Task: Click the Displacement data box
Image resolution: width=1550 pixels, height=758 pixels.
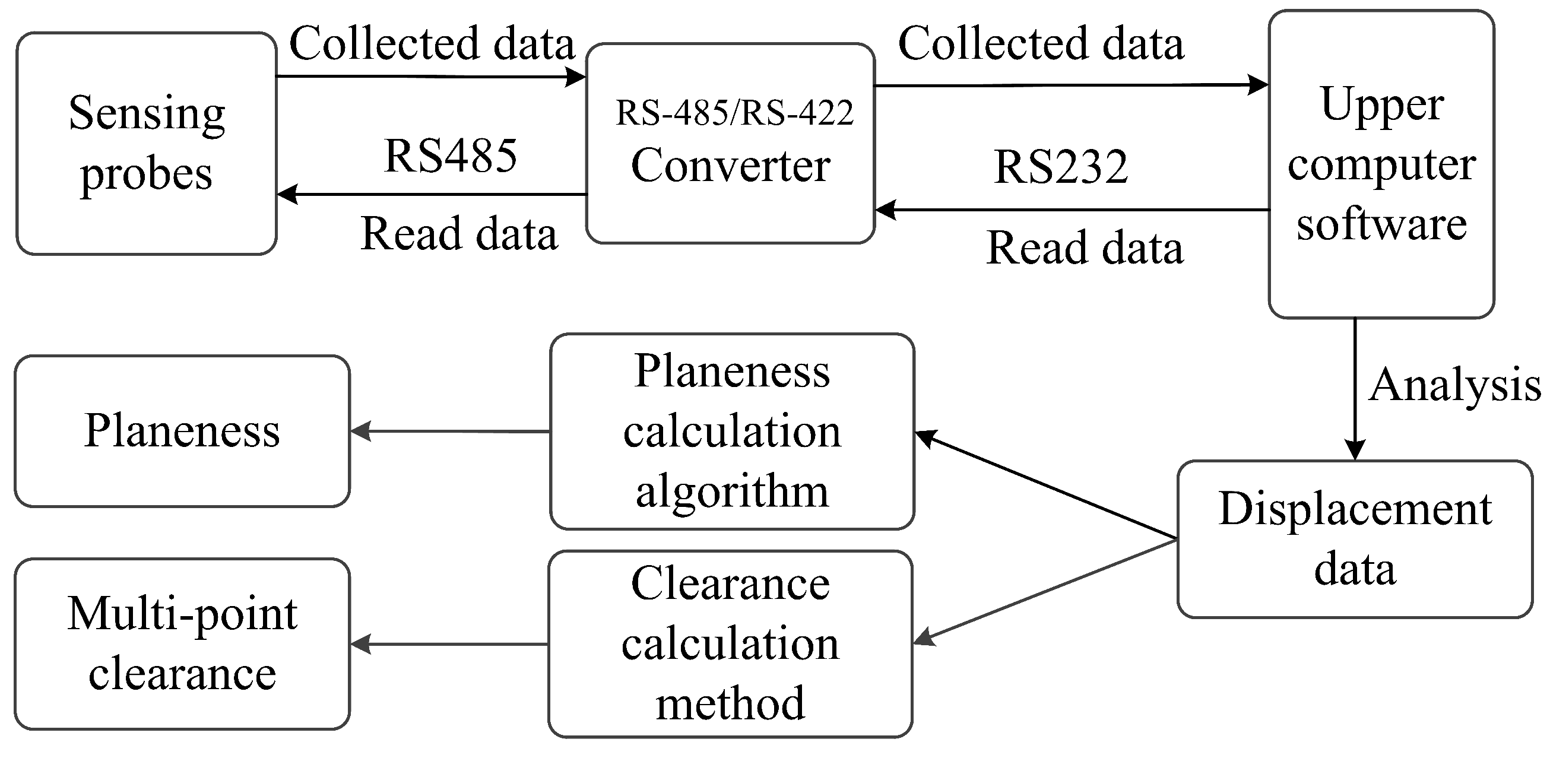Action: click(1355, 539)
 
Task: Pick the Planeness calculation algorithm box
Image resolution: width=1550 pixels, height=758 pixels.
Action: click(732, 432)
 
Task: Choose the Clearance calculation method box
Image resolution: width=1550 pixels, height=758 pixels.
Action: click(730, 643)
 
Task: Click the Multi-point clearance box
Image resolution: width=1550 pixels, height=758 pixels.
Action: click(182, 643)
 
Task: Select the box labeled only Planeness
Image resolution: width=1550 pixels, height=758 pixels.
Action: click(182, 431)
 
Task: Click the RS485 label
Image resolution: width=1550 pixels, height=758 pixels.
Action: click(450, 155)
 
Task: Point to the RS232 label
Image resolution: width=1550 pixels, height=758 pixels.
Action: click(1060, 166)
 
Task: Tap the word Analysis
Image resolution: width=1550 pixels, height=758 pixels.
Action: click(1454, 385)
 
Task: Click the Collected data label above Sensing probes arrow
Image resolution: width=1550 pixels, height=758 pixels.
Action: click(432, 43)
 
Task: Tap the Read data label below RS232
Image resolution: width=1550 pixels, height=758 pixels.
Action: click(1084, 248)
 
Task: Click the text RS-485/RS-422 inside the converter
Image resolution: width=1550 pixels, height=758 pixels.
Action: click(734, 113)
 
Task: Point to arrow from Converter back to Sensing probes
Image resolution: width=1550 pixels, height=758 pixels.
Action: click(432, 194)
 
